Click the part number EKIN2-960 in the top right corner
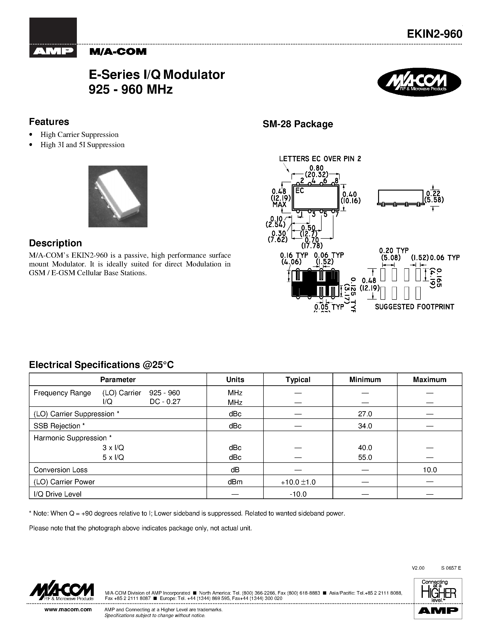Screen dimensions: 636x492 point(434,34)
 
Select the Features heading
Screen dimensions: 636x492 point(49,121)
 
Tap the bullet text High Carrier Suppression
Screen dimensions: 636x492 point(79,135)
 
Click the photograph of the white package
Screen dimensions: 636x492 point(118,196)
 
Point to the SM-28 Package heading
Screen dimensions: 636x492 point(298,124)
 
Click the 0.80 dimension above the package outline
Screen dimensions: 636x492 point(316,168)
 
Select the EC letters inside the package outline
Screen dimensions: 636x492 point(300,191)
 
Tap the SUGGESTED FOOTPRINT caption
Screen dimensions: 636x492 point(414,307)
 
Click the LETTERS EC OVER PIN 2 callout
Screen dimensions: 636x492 point(320,159)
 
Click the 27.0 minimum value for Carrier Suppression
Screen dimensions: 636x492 point(365,414)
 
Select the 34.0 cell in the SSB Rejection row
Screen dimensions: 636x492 point(365,426)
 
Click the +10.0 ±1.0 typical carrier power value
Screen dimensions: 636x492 point(298,482)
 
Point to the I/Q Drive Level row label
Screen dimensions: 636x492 point(57,494)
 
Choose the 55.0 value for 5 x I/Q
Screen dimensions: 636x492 point(365,457)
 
